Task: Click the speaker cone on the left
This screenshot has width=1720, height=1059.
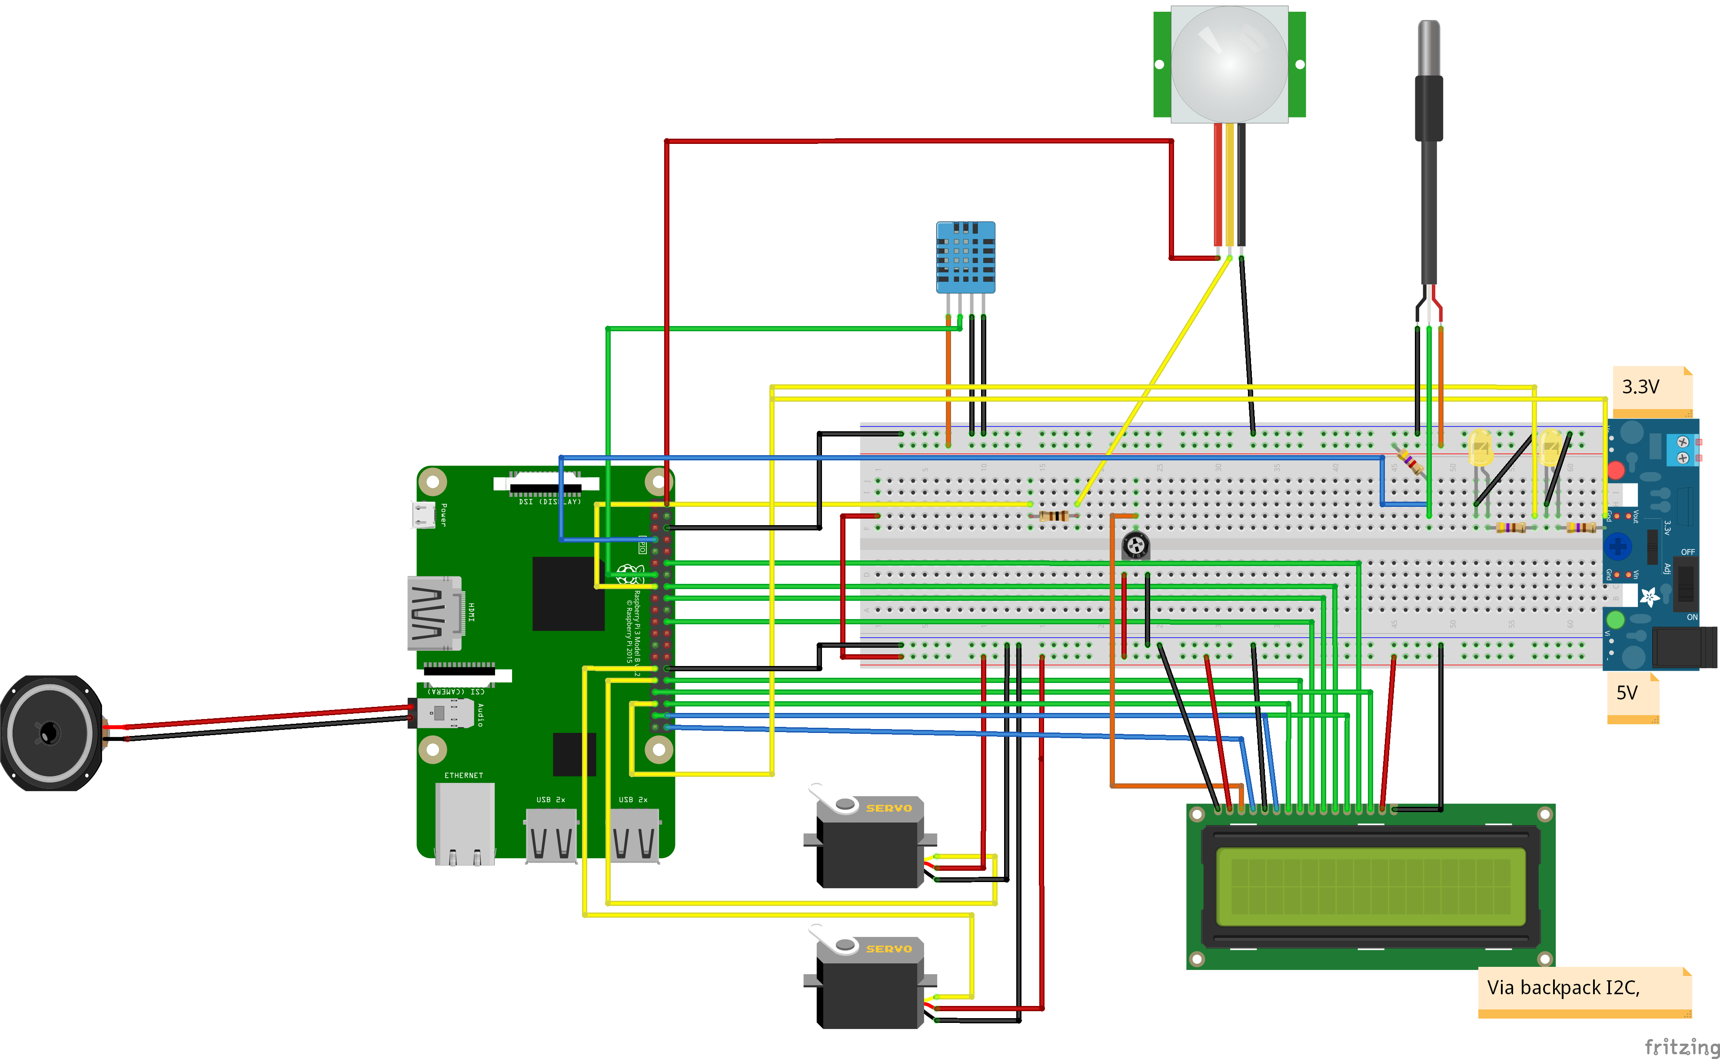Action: pyautogui.click(x=49, y=733)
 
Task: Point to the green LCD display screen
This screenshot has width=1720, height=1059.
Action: pyautogui.click(x=1371, y=886)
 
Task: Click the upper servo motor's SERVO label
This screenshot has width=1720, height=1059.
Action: pyautogui.click(x=889, y=808)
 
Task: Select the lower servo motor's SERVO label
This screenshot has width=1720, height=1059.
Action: pyautogui.click(x=889, y=949)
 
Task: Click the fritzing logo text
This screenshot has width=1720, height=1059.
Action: pyautogui.click(x=1681, y=1046)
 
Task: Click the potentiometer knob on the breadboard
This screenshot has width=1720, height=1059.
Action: pyautogui.click(x=1135, y=545)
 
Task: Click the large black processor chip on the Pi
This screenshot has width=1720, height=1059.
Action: pyautogui.click(x=568, y=593)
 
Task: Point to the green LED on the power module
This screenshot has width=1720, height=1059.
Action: pyautogui.click(x=1615, y=619)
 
